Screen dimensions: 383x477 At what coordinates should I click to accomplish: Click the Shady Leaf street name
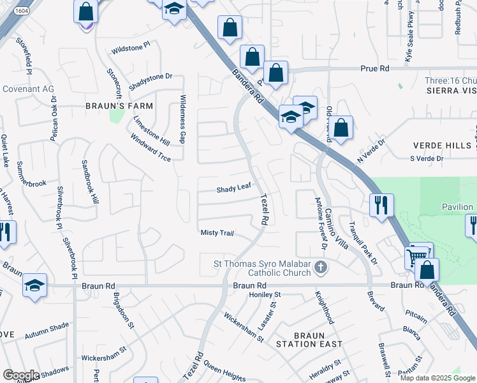coord(231,189)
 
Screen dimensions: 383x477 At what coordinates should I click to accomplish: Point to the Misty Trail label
coord(217,233)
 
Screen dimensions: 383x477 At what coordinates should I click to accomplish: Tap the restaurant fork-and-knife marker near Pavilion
coord(381,206)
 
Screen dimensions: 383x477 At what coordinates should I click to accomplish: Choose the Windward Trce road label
coord(150,147)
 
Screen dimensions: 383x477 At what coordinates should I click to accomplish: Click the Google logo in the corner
coord(21,375)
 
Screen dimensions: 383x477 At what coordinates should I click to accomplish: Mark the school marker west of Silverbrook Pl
coord(34,285)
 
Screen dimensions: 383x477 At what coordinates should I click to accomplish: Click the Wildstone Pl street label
coord(129,47)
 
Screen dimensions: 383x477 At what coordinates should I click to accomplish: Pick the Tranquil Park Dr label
coord(363,243)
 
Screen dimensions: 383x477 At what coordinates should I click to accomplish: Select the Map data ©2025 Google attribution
coord(437,378)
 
